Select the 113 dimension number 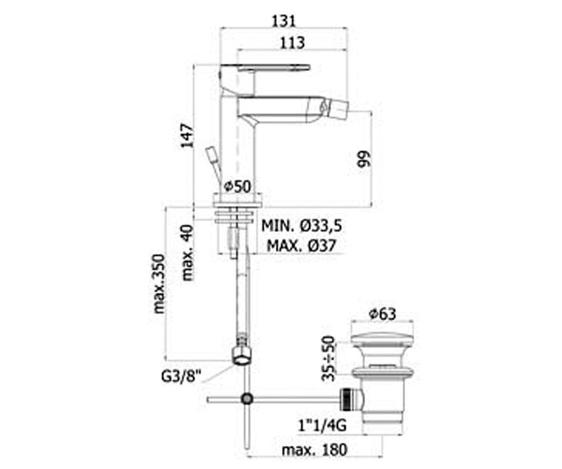coord(293,43)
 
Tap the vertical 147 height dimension coord(187,136)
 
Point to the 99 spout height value coord(364,159)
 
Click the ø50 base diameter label coord(237,187)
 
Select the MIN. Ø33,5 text coord(302,226)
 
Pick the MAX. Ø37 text coord(302,245)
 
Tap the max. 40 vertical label coord(188,253)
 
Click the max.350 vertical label coord(159,283)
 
